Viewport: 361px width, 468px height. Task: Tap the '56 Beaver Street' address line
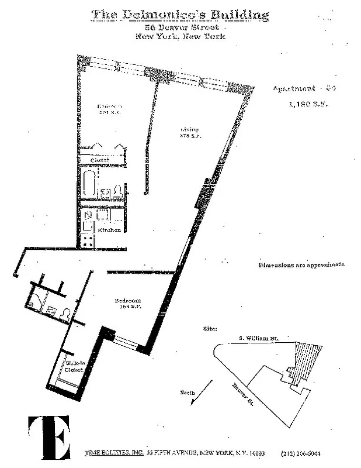182,27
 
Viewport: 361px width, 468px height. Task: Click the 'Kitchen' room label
109,230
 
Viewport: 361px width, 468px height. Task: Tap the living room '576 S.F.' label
189,133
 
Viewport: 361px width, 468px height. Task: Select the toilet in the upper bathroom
117,191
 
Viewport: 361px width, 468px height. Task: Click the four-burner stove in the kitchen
88,238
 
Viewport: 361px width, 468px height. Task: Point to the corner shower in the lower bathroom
33,302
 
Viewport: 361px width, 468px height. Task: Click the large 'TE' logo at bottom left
49,437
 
